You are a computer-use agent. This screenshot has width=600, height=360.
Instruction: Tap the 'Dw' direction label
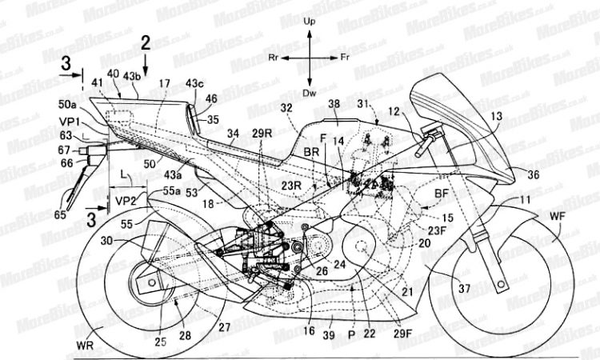[x=311, y=94]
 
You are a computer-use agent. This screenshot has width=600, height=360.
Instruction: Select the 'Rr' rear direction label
[x=274, y=59]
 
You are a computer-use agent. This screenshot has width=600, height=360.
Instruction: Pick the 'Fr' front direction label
[x=345, y=59]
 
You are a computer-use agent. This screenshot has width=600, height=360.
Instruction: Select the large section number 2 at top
[x=146, y=43]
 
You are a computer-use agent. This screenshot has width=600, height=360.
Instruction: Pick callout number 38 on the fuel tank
[x=334, y=104]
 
